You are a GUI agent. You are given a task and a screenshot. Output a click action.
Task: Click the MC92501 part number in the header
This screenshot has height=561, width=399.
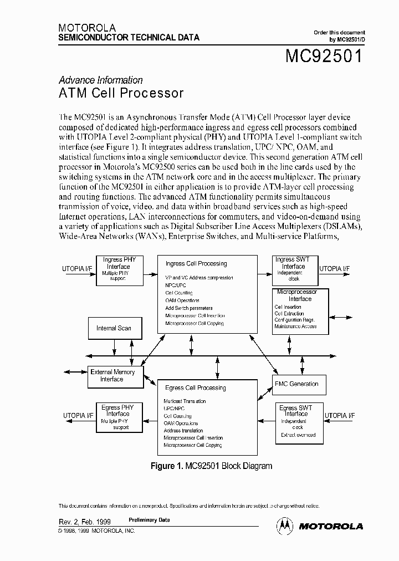tap(324, 56)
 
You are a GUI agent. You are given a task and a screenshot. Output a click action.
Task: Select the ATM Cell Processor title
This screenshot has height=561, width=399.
tap(121, 93)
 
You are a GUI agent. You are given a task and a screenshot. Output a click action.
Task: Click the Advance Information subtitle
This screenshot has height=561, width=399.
tap(100, 80)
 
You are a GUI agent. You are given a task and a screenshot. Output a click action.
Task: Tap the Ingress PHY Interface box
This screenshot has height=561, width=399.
tap(119, 269)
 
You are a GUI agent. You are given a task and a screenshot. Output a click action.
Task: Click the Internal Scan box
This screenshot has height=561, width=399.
tap(114, 328)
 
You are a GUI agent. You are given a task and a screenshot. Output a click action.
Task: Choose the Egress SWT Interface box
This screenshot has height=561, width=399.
tap(298, 422)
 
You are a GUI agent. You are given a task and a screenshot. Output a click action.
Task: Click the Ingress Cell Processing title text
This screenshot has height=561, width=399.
tap(196, 264)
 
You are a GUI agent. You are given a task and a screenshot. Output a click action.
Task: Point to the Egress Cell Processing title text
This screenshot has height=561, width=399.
tap(195, 388)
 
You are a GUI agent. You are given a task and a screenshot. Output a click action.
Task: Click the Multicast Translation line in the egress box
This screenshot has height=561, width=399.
tap(185, 401)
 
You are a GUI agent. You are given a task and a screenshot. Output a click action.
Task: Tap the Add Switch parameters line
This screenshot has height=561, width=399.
tap(188, 308)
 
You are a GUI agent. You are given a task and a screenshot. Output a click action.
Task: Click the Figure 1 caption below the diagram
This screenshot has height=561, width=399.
tap(211, 466)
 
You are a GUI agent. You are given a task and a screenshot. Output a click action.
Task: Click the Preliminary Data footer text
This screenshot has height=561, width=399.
tap(149, 520)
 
